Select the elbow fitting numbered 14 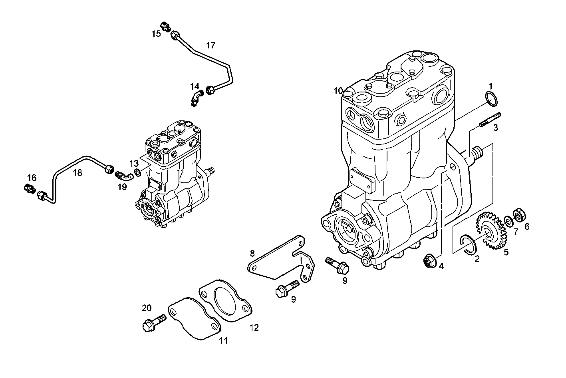tap(196, 98)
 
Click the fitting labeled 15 tap(165, 27)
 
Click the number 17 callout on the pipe tap(211, 45)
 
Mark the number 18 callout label tap(77, 173)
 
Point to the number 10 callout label tap(338, 91)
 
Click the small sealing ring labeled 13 tap(138, 173)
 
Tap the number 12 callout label tap(254, 328)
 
